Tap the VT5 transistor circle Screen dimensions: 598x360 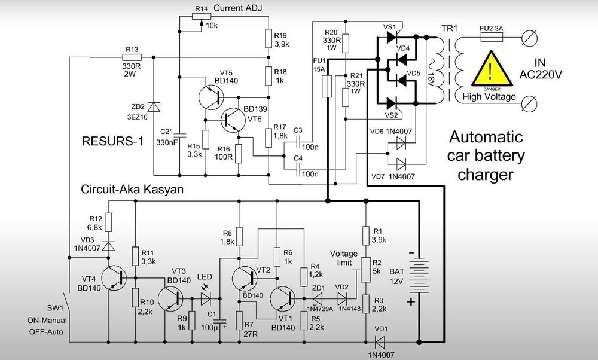[x=211, y=97]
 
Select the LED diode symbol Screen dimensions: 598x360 [x=206, y=298]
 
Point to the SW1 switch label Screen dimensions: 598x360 [x=55, y=308]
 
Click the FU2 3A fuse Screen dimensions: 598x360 [x=492, y=37]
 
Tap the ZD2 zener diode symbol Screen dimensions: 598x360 [x=154, y=107]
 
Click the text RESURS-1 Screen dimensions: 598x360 [x=112, y=141]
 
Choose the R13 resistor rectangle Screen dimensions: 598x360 [x=132, y=57]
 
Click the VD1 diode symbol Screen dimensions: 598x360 [x=380, y=341]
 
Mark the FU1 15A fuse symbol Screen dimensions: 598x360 [x=327, y=86]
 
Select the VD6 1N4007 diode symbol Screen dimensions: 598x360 [x=401, y=144]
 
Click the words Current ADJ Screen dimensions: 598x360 [x=238, y=8]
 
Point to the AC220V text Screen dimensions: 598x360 [x=541, y=75]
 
